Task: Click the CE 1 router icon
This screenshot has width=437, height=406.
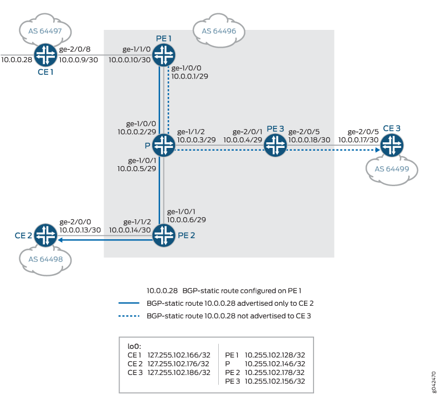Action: click(44, 54)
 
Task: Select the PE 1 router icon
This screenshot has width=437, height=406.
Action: click(163, 54)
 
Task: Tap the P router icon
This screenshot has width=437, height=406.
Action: click(163, 145)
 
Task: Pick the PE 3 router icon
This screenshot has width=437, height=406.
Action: click(274, 145)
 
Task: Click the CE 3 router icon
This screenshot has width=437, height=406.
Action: click(392, 145)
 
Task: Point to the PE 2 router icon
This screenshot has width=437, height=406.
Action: click(163, 235)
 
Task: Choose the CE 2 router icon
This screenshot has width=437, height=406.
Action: click(44, 235)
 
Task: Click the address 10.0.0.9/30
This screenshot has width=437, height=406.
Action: click(78, 59)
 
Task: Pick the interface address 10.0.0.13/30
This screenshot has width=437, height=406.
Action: click(80, 230)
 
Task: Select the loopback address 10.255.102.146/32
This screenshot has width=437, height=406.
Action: click(275, 363)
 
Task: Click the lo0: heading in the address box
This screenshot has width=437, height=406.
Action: click(133, 345)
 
